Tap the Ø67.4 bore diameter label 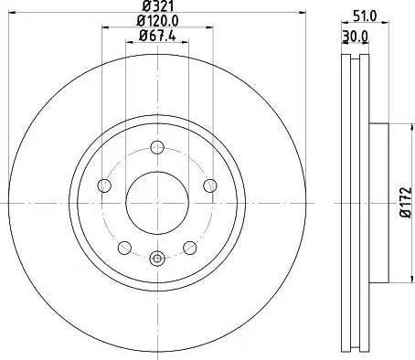click(157, 36)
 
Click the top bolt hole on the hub click(156, 148)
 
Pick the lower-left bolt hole click(123, 248)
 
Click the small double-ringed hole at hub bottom click(156, 258)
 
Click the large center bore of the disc click(156, 202)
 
